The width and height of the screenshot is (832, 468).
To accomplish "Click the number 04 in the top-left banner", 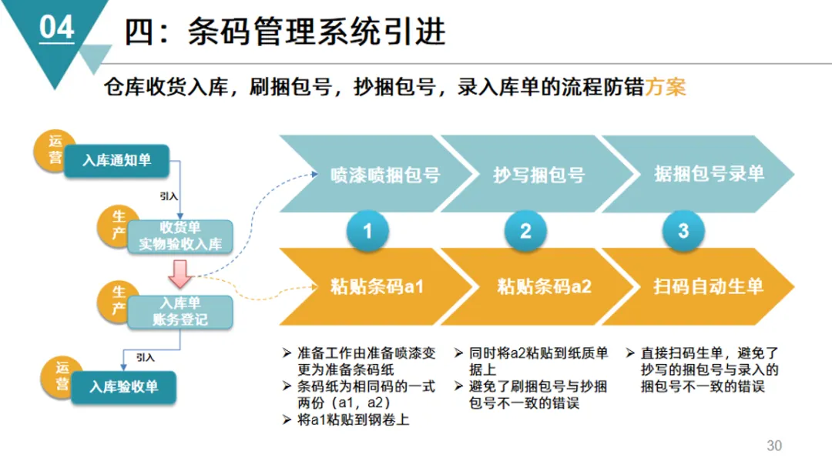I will coord(56,28).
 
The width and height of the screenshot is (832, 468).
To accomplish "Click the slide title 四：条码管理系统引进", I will coord(286,32).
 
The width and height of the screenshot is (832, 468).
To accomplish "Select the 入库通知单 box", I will coord(116,160).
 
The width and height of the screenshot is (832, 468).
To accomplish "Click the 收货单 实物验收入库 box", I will coord(180,236).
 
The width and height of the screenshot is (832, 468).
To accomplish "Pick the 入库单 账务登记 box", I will coord(180,311).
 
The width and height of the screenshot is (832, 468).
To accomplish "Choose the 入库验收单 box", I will coord(123,387).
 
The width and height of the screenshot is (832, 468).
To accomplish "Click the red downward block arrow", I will coord(180,272).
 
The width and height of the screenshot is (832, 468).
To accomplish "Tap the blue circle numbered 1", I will coord(367,230).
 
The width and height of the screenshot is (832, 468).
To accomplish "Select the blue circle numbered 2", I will coord(525,230).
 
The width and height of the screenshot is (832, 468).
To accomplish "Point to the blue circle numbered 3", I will coord(683,230).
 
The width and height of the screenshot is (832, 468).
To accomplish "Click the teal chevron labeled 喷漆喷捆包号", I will coord(377,174).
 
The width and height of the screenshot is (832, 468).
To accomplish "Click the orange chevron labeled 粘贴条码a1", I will coord(377,287).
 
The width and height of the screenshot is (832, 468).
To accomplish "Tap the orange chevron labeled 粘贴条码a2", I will coord(539,287).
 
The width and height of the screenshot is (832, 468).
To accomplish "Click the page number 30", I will coord(774,446).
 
